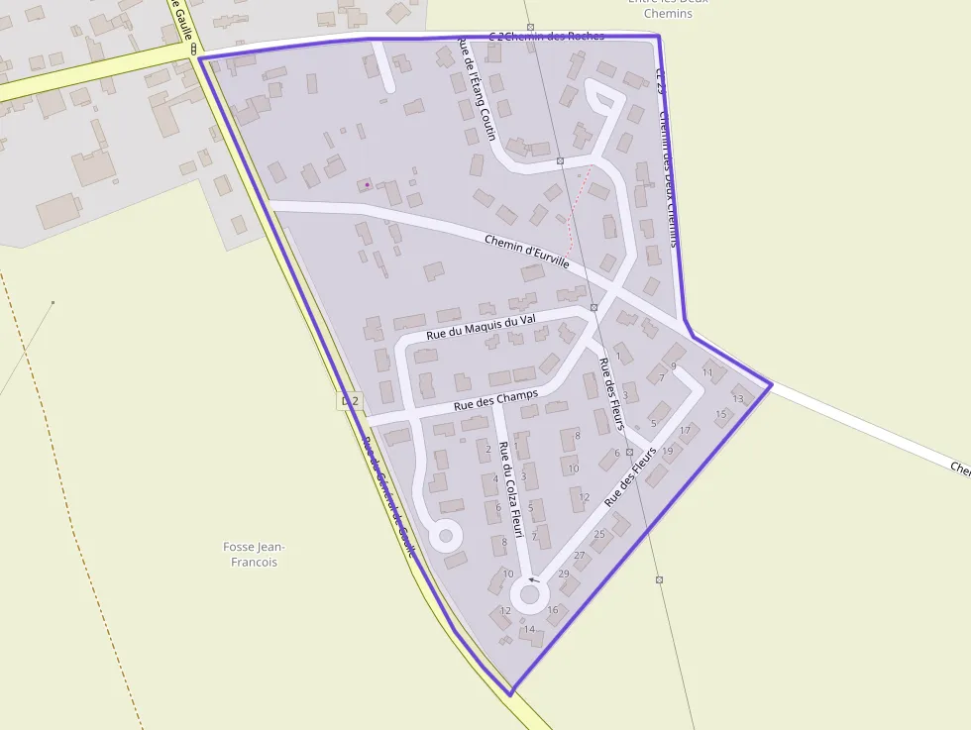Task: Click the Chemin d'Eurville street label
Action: pos(526,252)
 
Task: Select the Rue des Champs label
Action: pos(495,400)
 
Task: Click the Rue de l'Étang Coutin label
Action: pos(476,89)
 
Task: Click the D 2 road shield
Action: pos(349,401)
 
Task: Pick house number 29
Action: pos(564,574)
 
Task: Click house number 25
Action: pos(598,535)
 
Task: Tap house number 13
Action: pos(737,399)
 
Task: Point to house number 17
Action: pos(685,430)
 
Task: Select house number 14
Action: pos(529,629)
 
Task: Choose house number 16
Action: pos(553,609)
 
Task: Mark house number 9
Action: pos(673,366)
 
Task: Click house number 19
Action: pos(667,451)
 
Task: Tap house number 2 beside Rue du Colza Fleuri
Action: pos(488,449)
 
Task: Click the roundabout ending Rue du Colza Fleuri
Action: pos(529,595)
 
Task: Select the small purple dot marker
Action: pos(368,184)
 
